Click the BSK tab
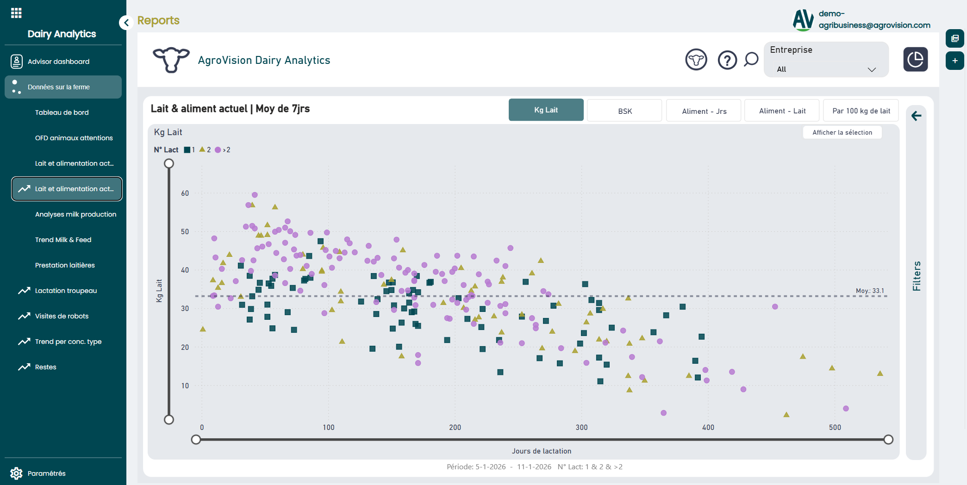pyautogui.click(x=624, y=111)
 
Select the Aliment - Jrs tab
pyautogui.click(x=704, y=111)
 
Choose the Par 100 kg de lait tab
pyautogui.click(x=861, y=111)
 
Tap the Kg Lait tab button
pyautogui.click(x=546, y=110)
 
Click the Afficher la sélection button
pyautogui.click(x=842, y=132)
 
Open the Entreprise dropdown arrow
pyautogui.click(x=872, y=69)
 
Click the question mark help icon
pyautogui.click(x=727, y=60)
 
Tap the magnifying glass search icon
pyautogui.click(x=751, y=59)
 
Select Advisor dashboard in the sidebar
pyautogui.click(x=58, y=62)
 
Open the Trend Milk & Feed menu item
pyautogui.click(x=63, y=240)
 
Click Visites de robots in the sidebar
pyautogui.click(x=62, y=316)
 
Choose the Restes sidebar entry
pyautogui.click(x=45, y=367)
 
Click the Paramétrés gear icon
pyautogui.click(x=16, y=473)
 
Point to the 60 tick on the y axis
pyautogui.click(x=185, y=193)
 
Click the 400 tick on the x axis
pyautogui.click(x=708, y=428)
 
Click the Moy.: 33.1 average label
pyautogui.click(x=870, y=291)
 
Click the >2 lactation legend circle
pyautogui.click(x=218, y=150)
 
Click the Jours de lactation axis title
pyautogui.click(x=541, y=451)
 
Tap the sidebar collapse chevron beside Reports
pyautogui.click(x=126, y=22)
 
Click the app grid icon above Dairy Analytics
pyautogui.click(x=16, y=13)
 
